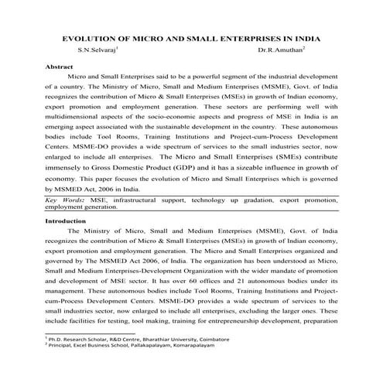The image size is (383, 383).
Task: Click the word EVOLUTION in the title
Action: [86, 38]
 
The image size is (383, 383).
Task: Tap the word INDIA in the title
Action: [303, 38]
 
